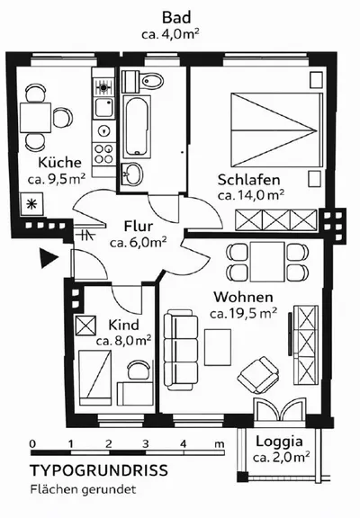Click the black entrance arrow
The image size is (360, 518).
coord(48,258)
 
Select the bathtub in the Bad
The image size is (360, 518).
coord(137,127)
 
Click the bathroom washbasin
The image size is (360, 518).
coord(132,174)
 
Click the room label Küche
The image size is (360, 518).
coord(59,163)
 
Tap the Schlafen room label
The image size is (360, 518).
coord(248,180)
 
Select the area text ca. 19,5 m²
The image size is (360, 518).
coord(243,313)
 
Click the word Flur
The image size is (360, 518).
coord(139,227)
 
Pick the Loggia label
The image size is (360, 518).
coord(279,442)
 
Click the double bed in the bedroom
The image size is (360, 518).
coord(276,129)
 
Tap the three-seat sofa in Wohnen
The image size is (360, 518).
coord(181,351)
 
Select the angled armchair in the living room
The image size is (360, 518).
coord(258,375)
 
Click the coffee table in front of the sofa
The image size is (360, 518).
coord(218,347)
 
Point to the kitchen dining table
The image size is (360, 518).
coord(36,118)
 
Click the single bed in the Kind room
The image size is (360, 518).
coord(95,378)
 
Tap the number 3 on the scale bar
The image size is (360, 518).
coord(146,443)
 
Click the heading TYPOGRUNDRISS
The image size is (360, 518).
coord(99,470)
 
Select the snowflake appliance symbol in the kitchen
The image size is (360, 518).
coord(32,204)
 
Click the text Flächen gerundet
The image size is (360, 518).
coord(83,489)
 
